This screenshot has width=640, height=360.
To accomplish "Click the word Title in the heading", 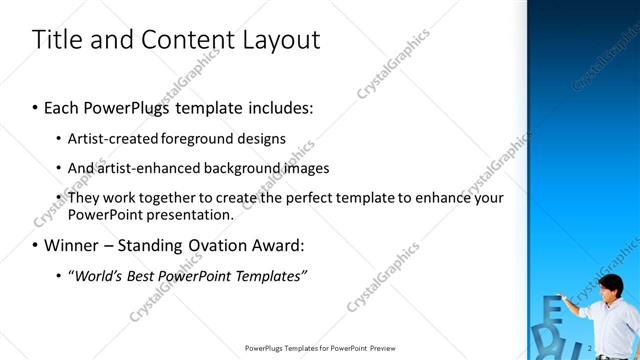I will point(56,40).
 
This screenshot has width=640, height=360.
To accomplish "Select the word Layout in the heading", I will point(279,40).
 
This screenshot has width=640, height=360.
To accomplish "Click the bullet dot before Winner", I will point(36,245).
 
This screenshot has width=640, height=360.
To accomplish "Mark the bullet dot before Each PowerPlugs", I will point(36,106).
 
